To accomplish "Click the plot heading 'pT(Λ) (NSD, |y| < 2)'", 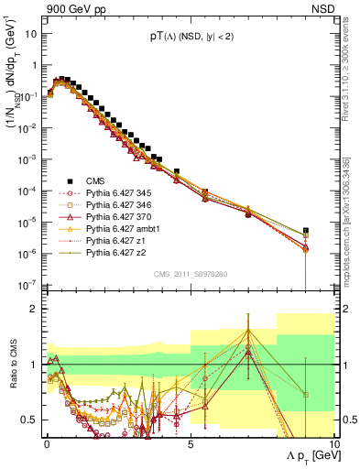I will [x=190, y=38].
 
